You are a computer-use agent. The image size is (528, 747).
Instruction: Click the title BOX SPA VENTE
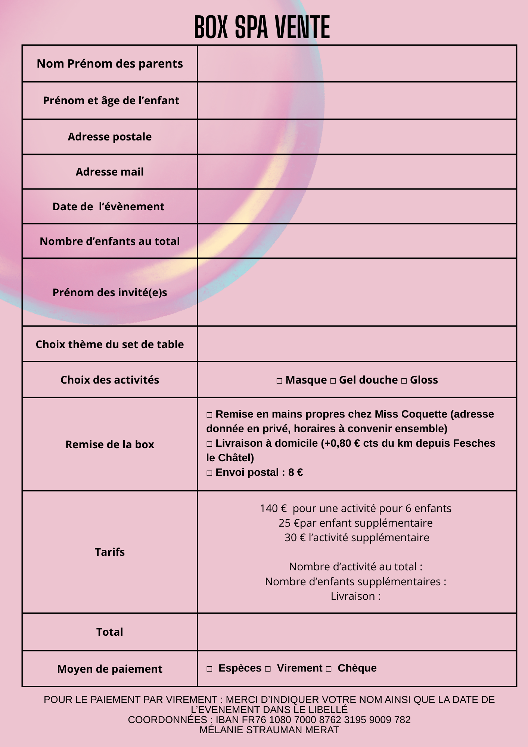tap(262, 27)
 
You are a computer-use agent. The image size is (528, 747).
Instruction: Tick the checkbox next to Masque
tap(279, 381)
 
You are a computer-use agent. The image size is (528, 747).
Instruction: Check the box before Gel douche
tap(333, 381)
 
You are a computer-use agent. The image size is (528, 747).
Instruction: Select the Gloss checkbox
tap(404, 381)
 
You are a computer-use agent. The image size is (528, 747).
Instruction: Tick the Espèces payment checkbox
tap(209, 669)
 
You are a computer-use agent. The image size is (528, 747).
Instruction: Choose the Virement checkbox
tap(268, 669)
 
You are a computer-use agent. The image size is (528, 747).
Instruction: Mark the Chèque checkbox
tap(329, 669)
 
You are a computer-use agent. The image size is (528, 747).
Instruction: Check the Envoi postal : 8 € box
tap(209, 473)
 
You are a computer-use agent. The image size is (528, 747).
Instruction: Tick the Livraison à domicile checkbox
tap(209, 444)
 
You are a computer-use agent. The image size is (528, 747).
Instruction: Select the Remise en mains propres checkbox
tap(209, 415)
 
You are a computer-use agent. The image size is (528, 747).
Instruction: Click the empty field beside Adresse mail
tap(357, 172)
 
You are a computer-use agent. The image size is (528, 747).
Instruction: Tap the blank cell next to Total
tap(357, 632)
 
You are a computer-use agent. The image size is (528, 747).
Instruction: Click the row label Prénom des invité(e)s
tap(110, 292)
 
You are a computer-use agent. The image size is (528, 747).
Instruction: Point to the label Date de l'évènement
tap(108, 207)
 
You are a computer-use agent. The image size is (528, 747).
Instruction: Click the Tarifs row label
tap(110, 552)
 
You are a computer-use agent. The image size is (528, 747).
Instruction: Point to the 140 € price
tap(273, 509)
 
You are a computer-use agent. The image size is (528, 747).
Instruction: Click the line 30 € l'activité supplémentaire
tap(357, 538)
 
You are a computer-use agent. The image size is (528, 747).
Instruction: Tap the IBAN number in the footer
tap(313, 720)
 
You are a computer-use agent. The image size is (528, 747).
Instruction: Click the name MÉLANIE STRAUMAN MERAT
tap(269, 730)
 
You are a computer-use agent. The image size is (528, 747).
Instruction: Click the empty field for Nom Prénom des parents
tap(357, 63)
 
